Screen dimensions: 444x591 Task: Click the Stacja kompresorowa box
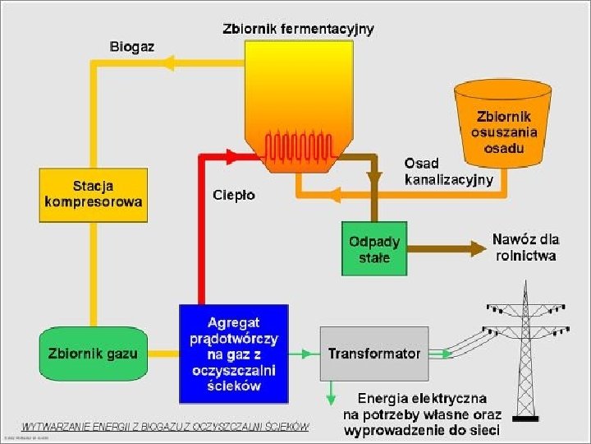pos(94,195)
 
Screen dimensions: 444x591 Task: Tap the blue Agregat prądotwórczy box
pos(234,354)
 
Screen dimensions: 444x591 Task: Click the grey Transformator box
pos(373,354)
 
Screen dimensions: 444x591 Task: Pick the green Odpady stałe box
pos(374,249)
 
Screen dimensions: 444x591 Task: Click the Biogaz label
pos(131,46)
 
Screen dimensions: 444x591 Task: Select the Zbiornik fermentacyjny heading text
pos(298,29)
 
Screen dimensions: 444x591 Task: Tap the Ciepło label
pos(234,195)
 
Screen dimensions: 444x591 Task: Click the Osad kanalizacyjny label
pos(448,171)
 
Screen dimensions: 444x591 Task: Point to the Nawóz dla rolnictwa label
pos(525,247)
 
